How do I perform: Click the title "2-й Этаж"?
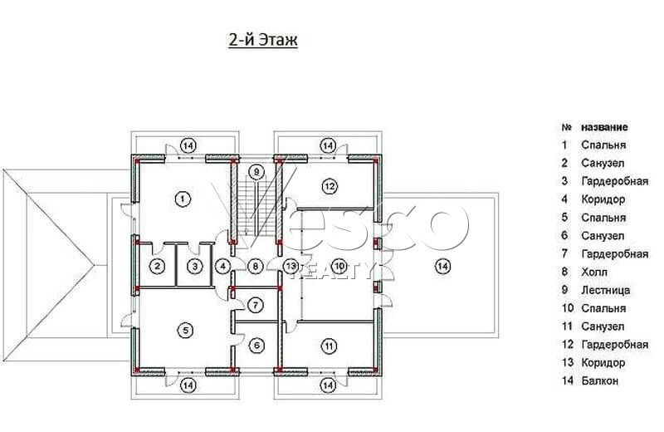pyautogui.click(x=263, y=40)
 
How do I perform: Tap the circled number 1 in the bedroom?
pyautogui.click(x=183, y=199)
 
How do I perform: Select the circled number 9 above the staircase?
pyautogui.click(x=256, y=172)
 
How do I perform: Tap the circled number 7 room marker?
pyautogui.click(x=256, y=305)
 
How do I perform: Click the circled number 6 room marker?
pyautogui.click(x=256, y=346)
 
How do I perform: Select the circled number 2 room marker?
pyautogui.click(x=158, y=266)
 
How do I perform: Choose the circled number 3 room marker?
pyautogui.click(x=195, y=266)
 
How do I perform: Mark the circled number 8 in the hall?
pyautogui.click(x=256, y=266)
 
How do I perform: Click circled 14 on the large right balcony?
pyautogui.click(x=442, y=266)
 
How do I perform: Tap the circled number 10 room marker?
pyautogui.click(x=339, y=266)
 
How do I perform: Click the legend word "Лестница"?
pyautogui.click(x=606, y=291)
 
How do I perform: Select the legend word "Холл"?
pyautogui.click(x=594, y=272)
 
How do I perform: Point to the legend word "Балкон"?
pyautogui.click(x=599, y=380)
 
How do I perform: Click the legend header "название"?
pyautogui.click(x=604, y=127)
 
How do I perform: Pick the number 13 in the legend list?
pyautogui.click(x=568, y=363)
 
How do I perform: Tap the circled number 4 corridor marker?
pyautogui.click(x=222, y=266)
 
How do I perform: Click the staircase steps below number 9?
pyautogui.click(x=256, y=208)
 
